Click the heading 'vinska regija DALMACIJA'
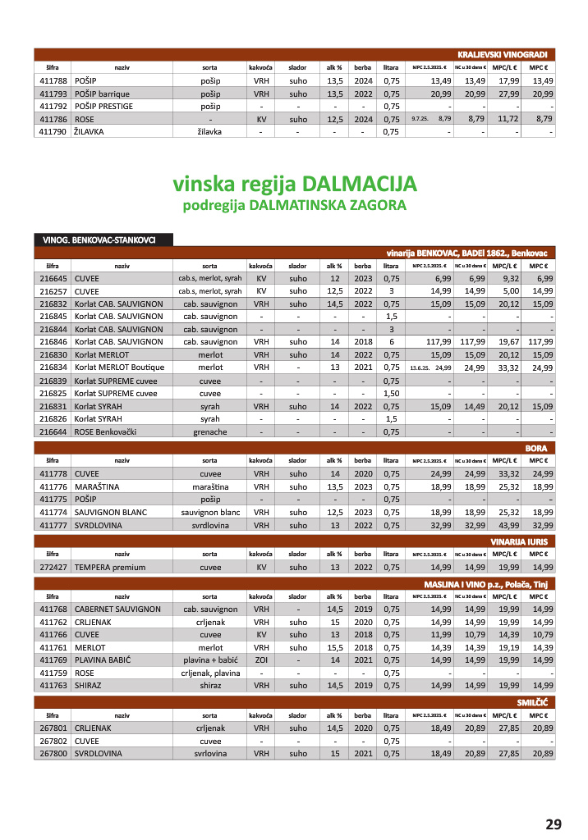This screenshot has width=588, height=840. pos(294,182)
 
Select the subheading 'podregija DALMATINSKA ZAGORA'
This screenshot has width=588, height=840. pos(294,204)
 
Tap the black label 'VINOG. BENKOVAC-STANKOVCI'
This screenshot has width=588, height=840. pos(103,240)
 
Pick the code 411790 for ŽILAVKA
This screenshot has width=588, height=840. pos(53,130)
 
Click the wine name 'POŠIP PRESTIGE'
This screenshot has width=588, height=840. pos(103,106)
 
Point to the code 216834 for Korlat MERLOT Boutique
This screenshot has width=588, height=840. pos(53,367)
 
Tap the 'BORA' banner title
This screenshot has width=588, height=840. pos(541,448)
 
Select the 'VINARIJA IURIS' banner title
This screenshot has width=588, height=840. pos(520,541)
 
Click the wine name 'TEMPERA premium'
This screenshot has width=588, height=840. pos(110,567)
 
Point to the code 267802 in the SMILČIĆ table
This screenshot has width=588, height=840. pos(53,740)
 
